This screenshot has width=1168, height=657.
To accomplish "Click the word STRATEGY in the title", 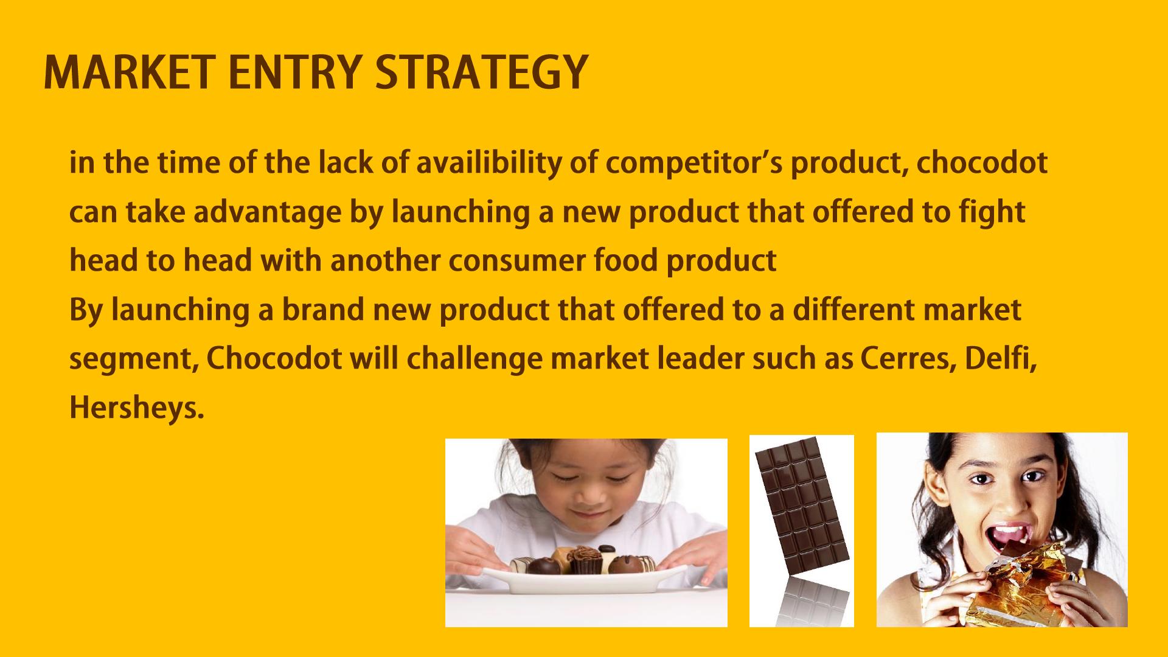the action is pos(481,72).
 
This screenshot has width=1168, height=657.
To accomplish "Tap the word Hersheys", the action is pos(136,408).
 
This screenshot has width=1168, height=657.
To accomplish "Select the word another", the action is pos(385,260).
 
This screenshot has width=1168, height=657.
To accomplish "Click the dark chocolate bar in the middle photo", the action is pos(802,507).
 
